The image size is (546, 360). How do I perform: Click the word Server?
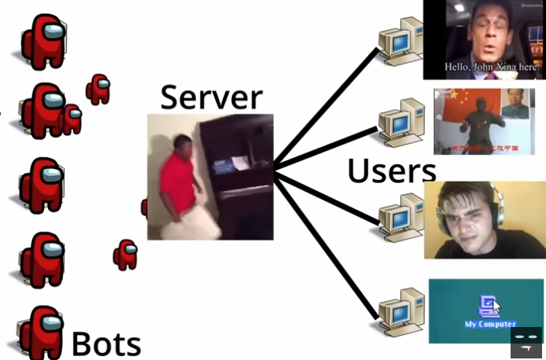tap(211, 97)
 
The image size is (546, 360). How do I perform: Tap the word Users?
tap(391, 171)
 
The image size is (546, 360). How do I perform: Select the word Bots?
tap(106, 344)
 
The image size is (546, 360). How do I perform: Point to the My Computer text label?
tap(489, 324)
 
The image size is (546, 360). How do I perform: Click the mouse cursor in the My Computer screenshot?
tap(496, 307)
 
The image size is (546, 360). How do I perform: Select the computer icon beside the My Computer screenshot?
tap(401, 311)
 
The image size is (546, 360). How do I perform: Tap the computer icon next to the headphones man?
tap(401, 215)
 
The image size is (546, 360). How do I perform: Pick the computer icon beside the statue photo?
tap(401, 121)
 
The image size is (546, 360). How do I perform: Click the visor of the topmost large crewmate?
tap(52, 32)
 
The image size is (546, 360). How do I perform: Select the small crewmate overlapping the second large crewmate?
tap(72, 119)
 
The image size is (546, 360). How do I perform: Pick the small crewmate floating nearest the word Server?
tap(98, 89)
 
